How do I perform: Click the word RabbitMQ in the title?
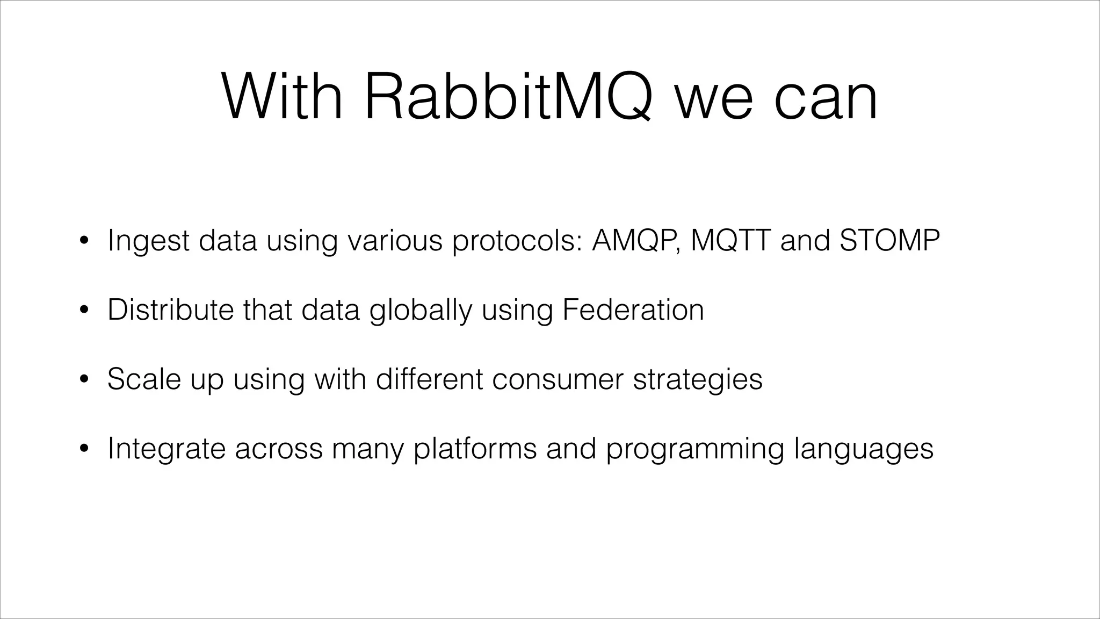tap(508, 97)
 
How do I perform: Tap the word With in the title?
tap(282, 97)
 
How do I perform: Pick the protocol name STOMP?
tap(889, 240)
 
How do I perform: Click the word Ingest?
tap(148, 241)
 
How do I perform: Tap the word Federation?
tap(633, 309)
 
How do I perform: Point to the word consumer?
tap(558, 379)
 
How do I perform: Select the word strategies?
tap(698, 380)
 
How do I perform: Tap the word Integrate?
tap(167, 449)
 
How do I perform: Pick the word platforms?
tap(475, 449)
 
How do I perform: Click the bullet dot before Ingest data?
tap(83, 241)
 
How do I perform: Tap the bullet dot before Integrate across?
tap(83, 449)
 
